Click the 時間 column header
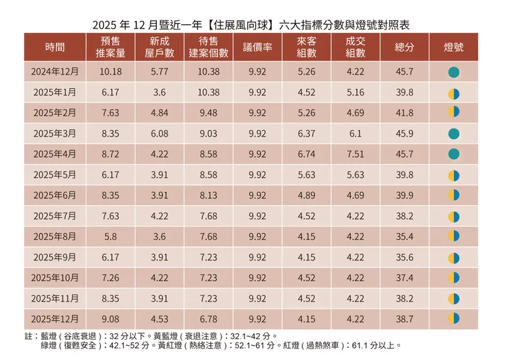point(56,47)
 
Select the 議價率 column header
point(257,47)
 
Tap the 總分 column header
point(406,47)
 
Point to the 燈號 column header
point(454,47)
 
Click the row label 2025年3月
point(56,133)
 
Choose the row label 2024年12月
point(56,71)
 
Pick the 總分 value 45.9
point(406,133)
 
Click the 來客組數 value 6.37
point(306,133)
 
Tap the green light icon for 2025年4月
point(454,154)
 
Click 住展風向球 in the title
point(232,25)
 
